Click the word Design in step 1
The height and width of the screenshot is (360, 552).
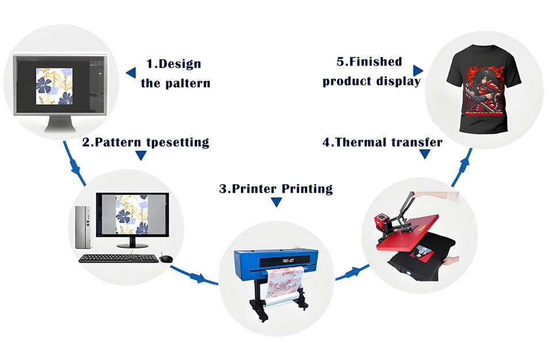tap(180, 64)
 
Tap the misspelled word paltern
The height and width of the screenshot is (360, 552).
tap(185, 83)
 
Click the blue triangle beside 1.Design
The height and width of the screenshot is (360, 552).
tap(131, 72)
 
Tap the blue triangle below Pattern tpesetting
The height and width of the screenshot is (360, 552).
tap(141, 156)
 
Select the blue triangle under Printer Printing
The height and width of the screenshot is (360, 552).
tap(276, 202)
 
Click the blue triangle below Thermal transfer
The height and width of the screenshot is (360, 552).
tap(424, 154)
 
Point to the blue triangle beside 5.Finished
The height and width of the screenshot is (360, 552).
tap(417, 70)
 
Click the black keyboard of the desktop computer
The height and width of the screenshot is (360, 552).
tap(118, 258)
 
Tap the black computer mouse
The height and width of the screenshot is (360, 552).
tap(166, 259)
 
